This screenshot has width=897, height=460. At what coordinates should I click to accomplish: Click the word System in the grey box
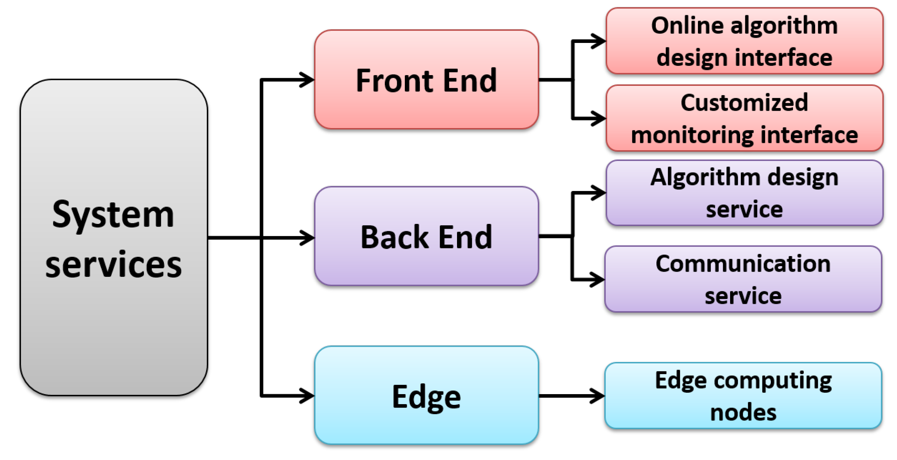(x=113, y=215)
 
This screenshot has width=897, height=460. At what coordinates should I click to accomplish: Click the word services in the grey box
(x=113, y=264)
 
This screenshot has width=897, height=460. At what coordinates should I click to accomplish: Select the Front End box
(x=426, y=80)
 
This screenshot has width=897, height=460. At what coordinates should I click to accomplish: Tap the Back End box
(x=426, y=236)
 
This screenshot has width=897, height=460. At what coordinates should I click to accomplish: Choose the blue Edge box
(x=426, y=395)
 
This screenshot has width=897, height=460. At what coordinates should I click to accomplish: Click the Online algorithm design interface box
(x=744, y=41)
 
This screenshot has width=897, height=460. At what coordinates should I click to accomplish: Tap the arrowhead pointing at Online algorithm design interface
(x=599, y=41)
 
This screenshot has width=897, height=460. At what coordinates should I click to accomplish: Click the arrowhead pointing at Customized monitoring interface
(x=599, y=118)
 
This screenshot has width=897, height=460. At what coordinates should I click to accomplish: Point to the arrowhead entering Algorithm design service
(x=599, y=192)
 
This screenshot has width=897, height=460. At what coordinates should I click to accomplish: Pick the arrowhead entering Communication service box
(x=598, y=279)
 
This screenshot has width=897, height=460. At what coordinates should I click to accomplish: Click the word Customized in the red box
(x=744, y=103)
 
